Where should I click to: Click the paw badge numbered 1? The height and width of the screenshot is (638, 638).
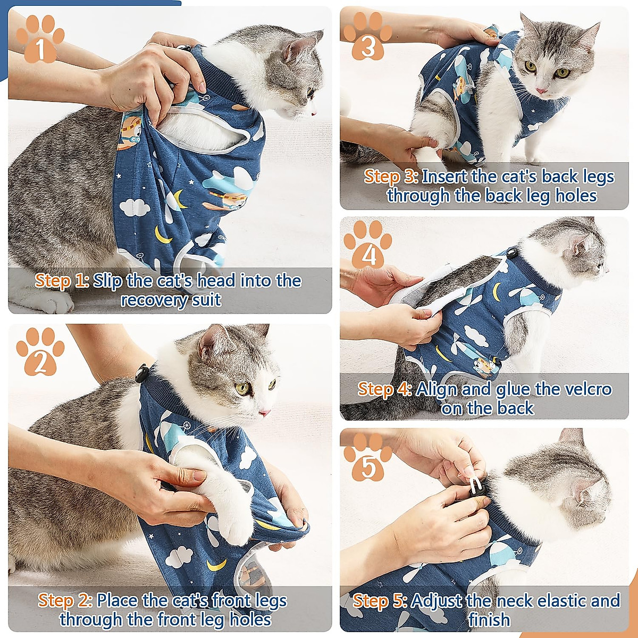click(x=39, y=40)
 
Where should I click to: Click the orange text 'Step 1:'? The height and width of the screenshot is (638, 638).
click(x=62, y=281)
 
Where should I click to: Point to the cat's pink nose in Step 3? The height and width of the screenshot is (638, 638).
click(x=541, y=91)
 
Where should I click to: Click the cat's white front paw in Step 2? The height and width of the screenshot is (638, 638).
click(x=234, y=524)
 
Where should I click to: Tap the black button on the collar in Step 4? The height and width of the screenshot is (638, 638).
click(x=513, y=255)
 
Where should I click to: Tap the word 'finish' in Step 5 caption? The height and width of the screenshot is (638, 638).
click(x=489, y=620)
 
